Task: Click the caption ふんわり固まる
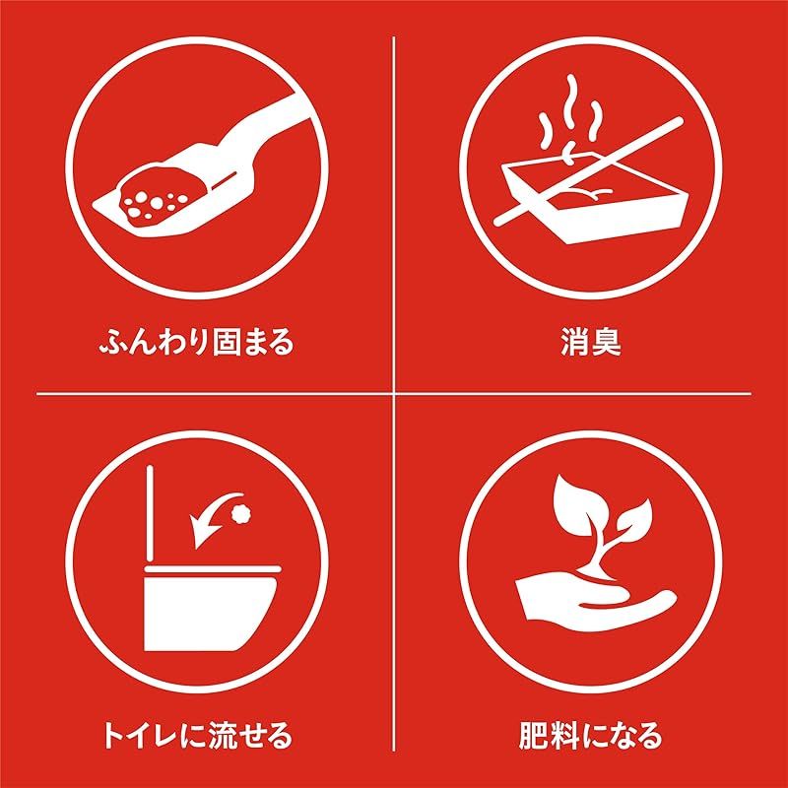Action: coord(196,342)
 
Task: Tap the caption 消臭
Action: coord(590,342)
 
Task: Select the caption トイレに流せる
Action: coord(197,736)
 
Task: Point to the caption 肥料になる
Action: coord(590,736)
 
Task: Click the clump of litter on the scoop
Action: coord(162,193)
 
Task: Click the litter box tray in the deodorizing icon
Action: coord(593,201)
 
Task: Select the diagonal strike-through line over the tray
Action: coord(588,170)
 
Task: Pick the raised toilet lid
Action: coord(150,513)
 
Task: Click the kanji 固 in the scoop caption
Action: coord(226,342)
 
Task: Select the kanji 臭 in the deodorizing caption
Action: coord(607,342)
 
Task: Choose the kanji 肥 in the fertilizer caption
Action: coord(533,736)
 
